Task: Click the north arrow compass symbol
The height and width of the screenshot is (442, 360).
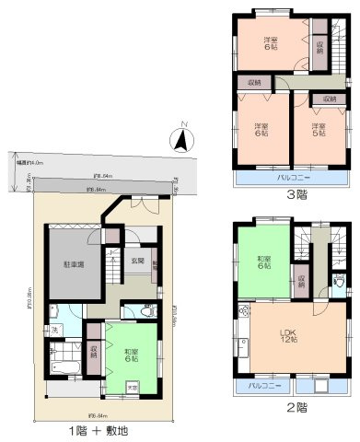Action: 182,140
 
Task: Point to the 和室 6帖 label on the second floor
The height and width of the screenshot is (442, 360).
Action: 263,262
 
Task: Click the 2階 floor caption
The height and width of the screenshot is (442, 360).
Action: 295,407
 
